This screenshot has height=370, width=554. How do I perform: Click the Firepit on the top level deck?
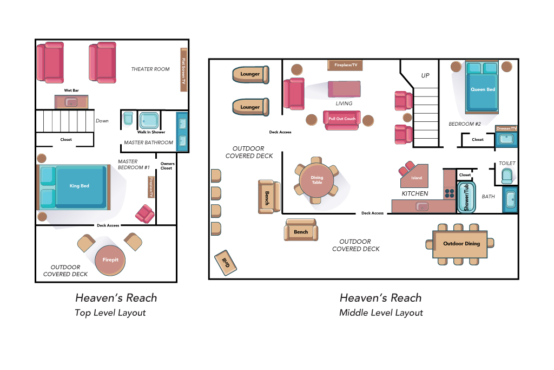point(110,261)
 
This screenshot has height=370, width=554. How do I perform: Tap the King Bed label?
point(79,186)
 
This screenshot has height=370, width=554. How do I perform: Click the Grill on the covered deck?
point(226,263)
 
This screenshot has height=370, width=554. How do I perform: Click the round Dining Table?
point(316,180)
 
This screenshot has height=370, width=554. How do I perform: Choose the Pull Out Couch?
point(342,120)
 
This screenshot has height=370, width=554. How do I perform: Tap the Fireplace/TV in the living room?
point(345,65)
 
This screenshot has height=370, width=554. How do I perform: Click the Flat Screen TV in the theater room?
point(184,70)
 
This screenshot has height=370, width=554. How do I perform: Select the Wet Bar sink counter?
point(71,102)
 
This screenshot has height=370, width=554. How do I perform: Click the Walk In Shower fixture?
point(149,120)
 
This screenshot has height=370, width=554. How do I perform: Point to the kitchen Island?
point(414,176)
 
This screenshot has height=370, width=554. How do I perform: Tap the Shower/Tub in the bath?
point(466,197)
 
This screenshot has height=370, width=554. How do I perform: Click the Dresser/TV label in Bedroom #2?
point(506,128)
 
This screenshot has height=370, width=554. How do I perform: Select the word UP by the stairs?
point(425,75)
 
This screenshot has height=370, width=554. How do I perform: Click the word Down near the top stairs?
point(102,121)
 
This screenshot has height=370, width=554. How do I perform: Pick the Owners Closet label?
point(167,166)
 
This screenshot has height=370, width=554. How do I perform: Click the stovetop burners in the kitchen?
point(450,193)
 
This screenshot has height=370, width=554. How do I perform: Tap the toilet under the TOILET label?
point(507,176)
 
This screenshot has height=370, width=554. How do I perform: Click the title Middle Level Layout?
point(381,313)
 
